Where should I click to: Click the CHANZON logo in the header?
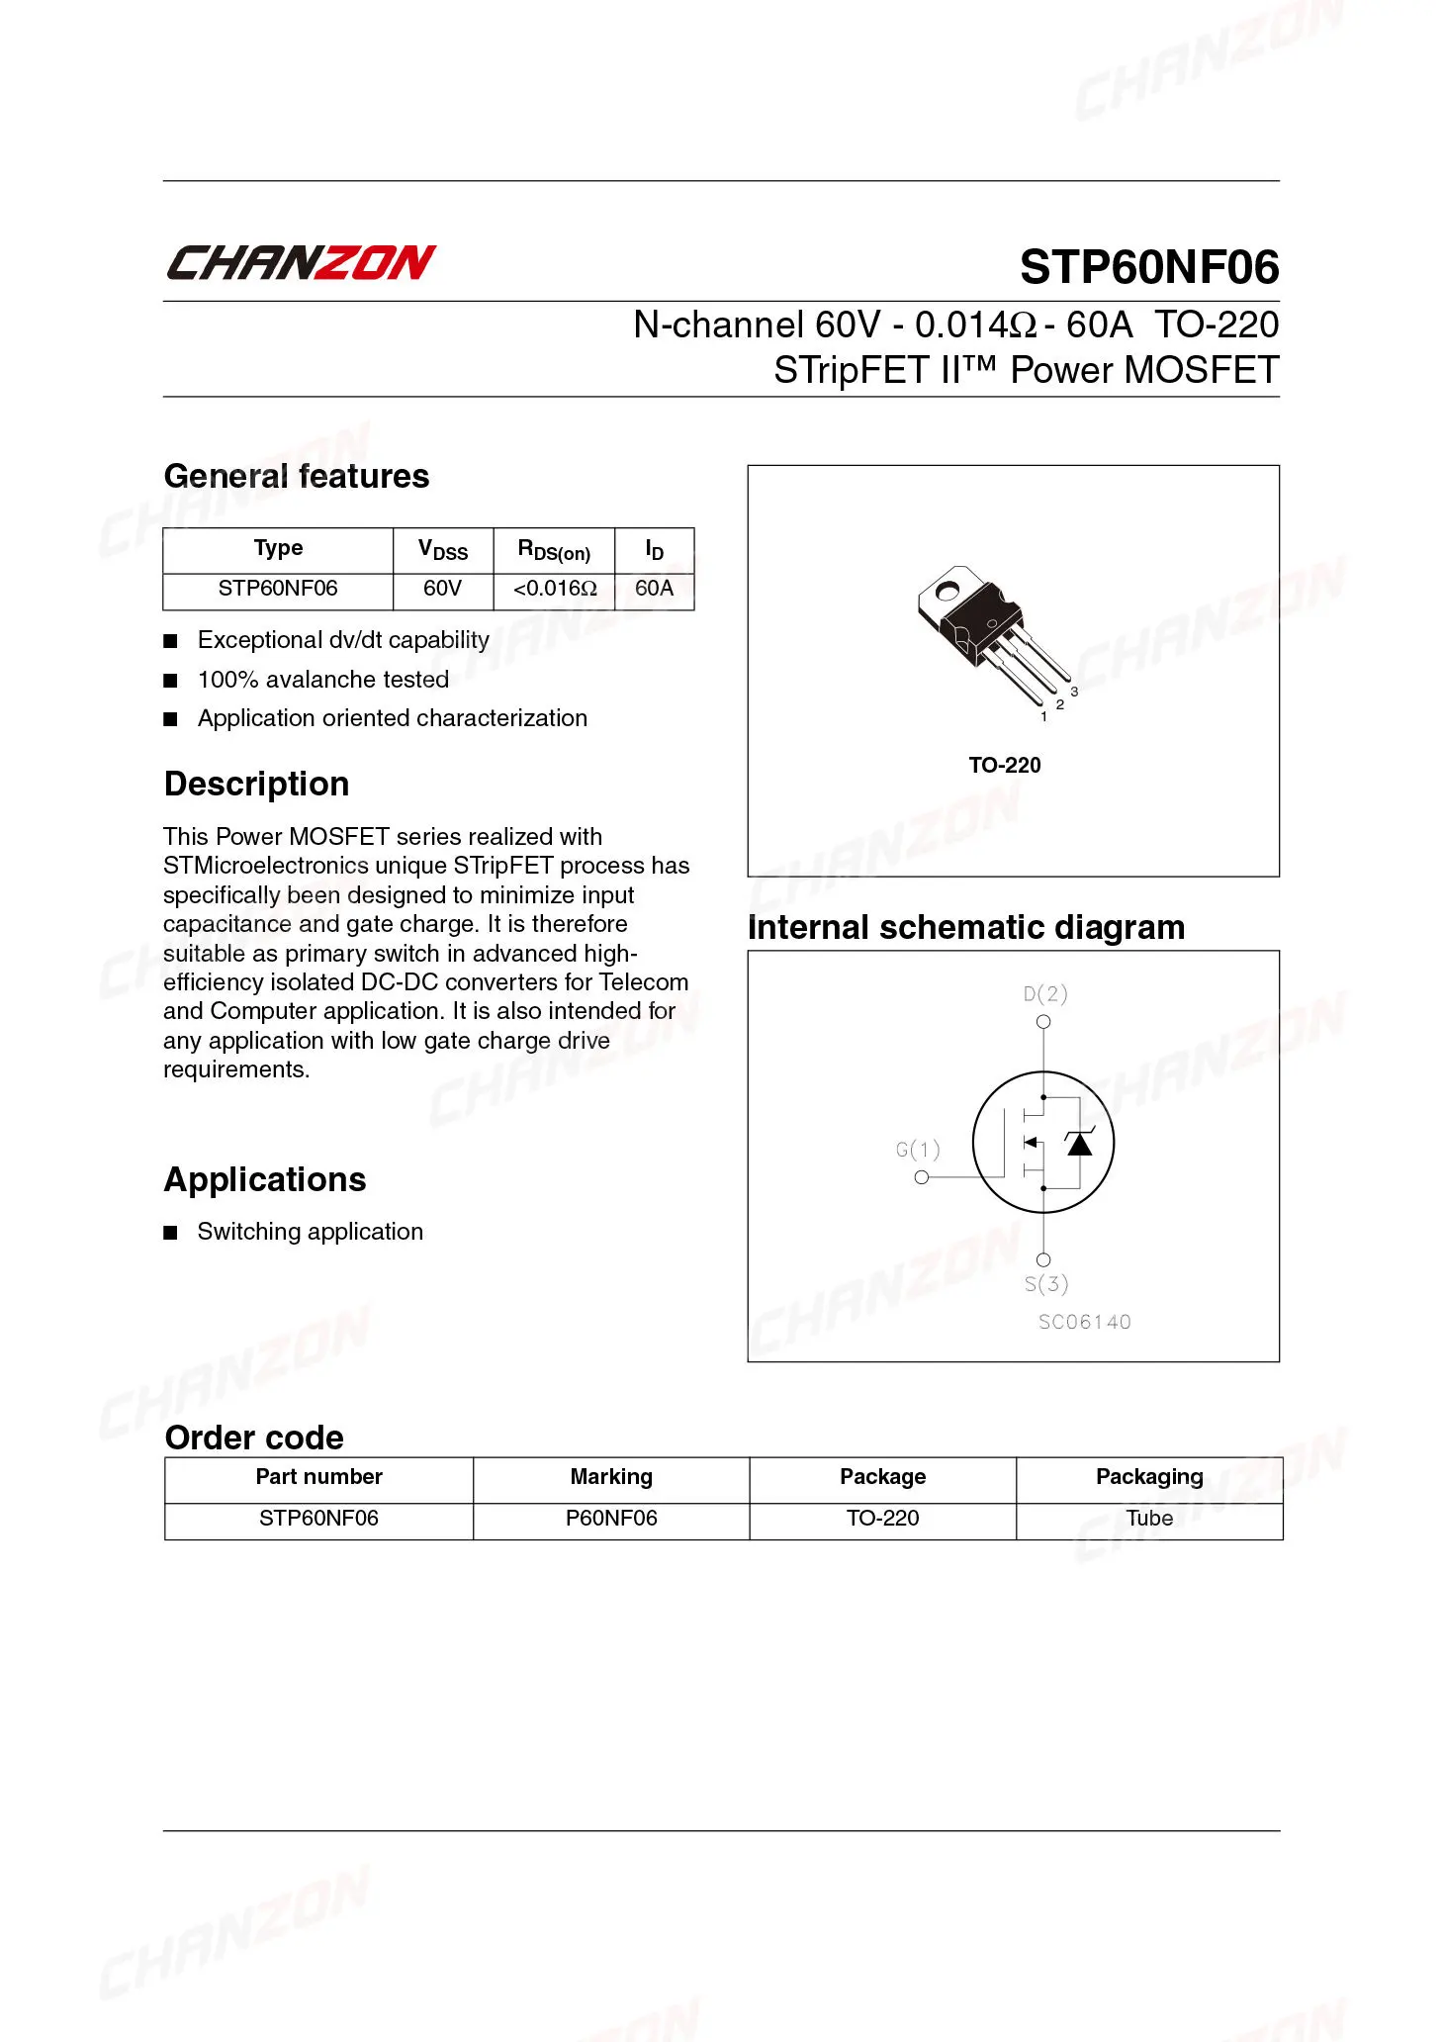tap(300, 263)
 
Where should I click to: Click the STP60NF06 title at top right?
tap(1148, 267)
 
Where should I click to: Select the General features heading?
tap(296, 476)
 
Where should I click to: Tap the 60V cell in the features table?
tap(442, 589)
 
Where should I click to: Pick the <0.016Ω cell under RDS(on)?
tap(554, 589)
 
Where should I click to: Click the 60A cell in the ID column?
tap(654, 589)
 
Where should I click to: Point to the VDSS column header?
tap(442, 550)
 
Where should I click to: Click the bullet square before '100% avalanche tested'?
tap(170, 681)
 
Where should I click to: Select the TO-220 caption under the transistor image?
tap(1004, 765)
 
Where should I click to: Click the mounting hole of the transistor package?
tap(947, 593)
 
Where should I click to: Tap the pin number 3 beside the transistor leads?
tap(1074, 692)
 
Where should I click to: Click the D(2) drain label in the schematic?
tap(1045, 993)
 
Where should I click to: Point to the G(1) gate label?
tap(918, 1150)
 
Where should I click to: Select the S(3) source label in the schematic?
tap(1045, 1284)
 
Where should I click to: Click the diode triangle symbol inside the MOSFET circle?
tap(1079, 1144)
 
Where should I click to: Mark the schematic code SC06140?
tap(1084, 1322)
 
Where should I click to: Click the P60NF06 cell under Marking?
tap(611, 1519)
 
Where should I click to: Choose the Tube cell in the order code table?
tap(1149, 1519)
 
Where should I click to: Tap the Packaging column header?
tap(1149, 1477)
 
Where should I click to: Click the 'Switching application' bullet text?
tap(310, 1232)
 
